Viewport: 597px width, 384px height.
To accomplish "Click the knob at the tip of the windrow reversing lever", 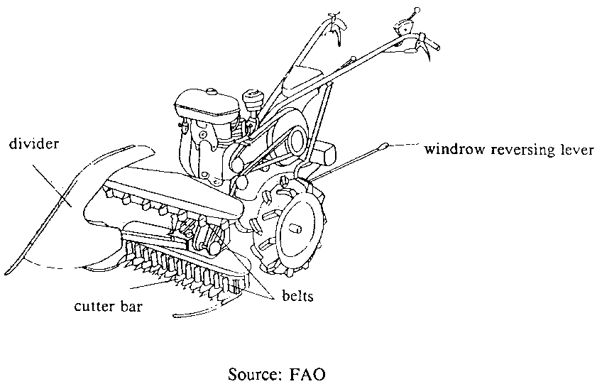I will (384, 146).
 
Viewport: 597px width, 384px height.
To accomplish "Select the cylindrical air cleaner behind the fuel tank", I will (250, 99).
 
